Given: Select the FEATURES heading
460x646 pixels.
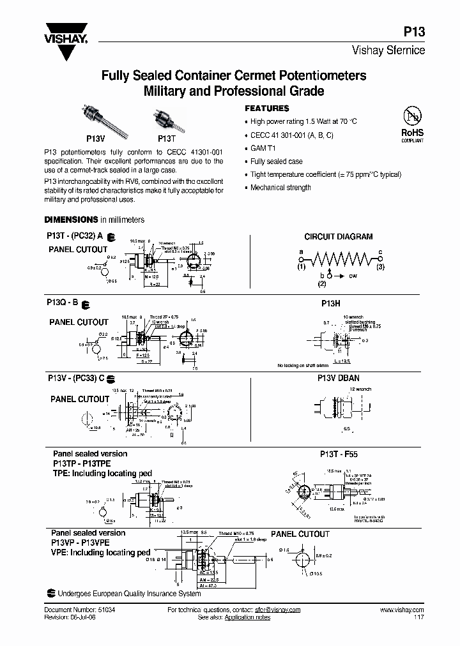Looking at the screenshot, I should click(267, 109).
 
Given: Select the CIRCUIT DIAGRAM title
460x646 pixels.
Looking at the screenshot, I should click(338, 236).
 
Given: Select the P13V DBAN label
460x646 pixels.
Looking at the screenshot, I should click(339, 379).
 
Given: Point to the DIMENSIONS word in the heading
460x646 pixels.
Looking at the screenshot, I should click(70, 219).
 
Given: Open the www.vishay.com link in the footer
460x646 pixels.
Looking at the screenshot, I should click(402, 610).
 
